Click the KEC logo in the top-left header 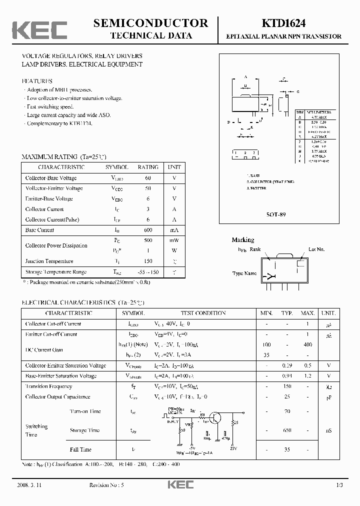39,29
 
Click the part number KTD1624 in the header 283,23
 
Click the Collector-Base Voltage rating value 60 148,178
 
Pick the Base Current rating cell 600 148,230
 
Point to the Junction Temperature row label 49,261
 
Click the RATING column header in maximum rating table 148,167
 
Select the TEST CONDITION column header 203,313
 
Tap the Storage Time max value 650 286,430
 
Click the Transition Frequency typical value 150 286,386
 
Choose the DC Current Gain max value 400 307,344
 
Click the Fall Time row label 80,449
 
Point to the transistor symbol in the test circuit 215,418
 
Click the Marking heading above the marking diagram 243,240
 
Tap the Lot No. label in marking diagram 316,248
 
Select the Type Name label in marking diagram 244,273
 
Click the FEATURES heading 37,80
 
